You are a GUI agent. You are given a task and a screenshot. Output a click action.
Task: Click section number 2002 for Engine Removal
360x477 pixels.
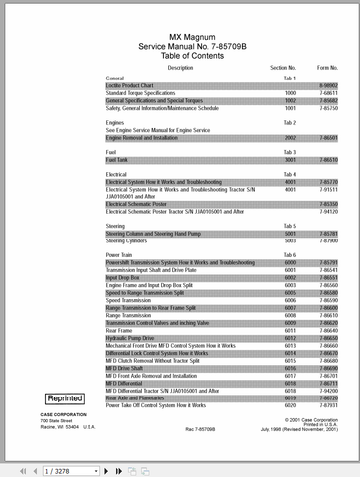pyautogui.click(x=291, y=138)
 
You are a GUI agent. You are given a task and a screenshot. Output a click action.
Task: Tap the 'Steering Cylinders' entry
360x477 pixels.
pyautogui.click(x=130, y=240)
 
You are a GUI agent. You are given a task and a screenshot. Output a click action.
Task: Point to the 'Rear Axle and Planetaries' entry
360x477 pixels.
pyautogui.click(x=138, y=400)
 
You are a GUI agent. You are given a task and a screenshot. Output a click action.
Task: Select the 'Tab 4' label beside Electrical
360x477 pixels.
pyautogui.click(x=291, y=174)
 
